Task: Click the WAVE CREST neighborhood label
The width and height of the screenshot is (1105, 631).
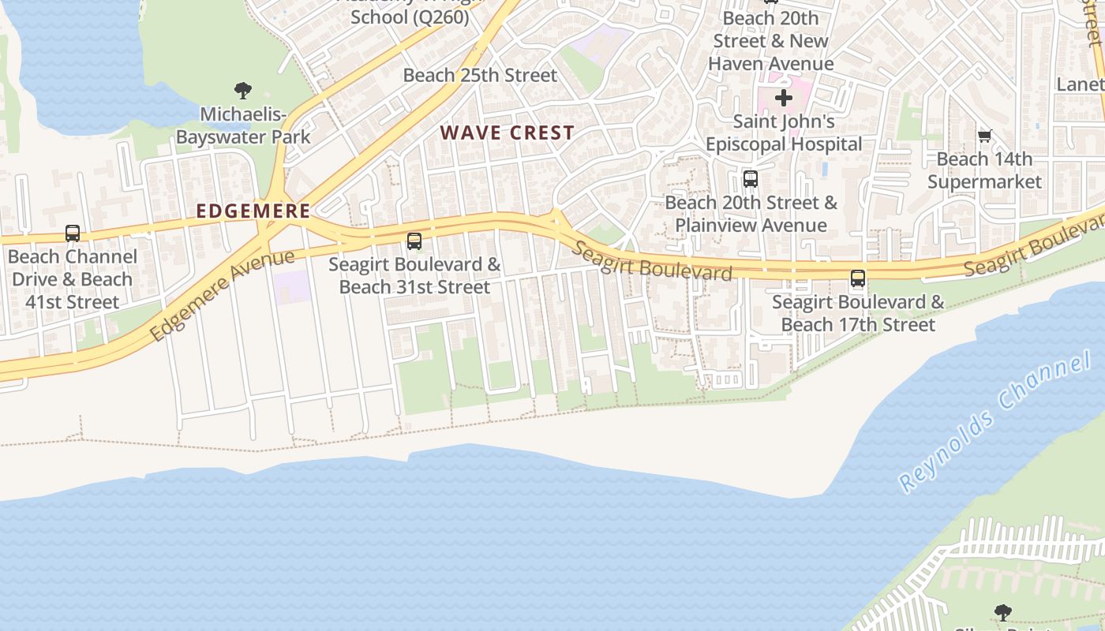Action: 508,133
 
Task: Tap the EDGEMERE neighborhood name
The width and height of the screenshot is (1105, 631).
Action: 253,211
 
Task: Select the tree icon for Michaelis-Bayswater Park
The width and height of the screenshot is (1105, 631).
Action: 242,91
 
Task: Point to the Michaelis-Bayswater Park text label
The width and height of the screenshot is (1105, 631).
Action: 243,126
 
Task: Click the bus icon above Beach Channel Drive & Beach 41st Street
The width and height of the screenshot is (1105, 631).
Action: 73,233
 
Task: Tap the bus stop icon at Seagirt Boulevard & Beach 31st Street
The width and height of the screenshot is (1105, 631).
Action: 414,241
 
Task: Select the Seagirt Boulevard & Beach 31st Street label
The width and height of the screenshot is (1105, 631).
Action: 414,275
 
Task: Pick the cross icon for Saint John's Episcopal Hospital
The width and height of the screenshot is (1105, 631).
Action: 783,98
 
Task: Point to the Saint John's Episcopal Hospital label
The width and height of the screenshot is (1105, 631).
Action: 784,133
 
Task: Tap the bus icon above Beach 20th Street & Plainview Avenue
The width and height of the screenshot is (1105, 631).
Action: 751,179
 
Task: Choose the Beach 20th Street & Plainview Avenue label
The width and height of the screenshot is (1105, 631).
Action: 751,214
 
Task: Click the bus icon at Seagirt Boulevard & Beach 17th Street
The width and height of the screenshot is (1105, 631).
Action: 858,278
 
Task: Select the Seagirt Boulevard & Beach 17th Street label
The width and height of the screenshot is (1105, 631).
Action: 858,313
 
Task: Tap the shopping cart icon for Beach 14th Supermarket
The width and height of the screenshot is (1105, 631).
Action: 984,136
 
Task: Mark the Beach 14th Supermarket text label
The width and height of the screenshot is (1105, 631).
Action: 984,170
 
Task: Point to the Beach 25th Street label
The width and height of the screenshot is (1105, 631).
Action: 480,76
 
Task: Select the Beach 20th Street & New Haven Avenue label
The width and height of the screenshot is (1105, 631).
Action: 770,41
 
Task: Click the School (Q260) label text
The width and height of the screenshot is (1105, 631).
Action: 410,16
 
